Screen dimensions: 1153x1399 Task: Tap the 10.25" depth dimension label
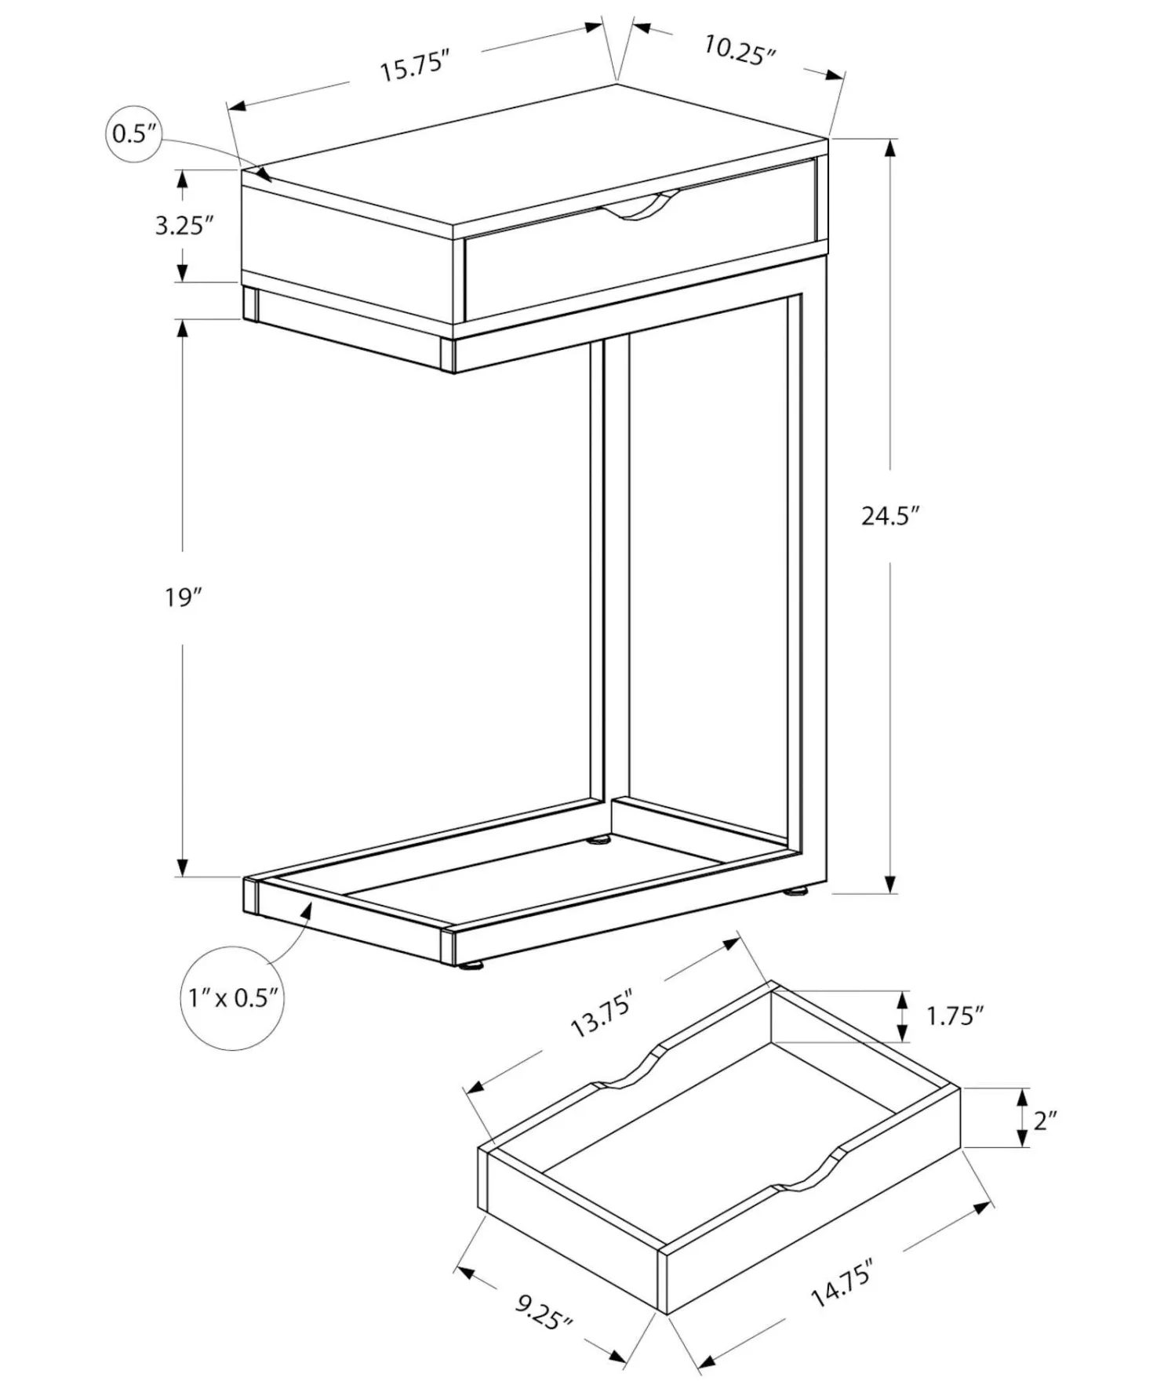(x=739, y=50)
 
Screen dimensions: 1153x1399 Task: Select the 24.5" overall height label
(x=890, y=516)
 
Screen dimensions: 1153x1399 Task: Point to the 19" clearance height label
(x=184, y=598)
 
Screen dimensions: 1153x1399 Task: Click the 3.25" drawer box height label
(x=184, y=226)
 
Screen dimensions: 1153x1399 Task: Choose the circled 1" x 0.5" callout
(x=233, y=997)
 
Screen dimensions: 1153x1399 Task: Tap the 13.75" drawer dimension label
(x=602, y=1014)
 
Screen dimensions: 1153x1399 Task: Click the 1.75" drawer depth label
(x=955, y=1016)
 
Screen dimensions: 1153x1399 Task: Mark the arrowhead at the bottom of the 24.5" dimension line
(x=890, y=884)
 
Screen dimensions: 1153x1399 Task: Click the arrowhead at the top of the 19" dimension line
(x=183, y=329)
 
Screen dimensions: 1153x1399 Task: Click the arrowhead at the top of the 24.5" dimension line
(x=890, y=148)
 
